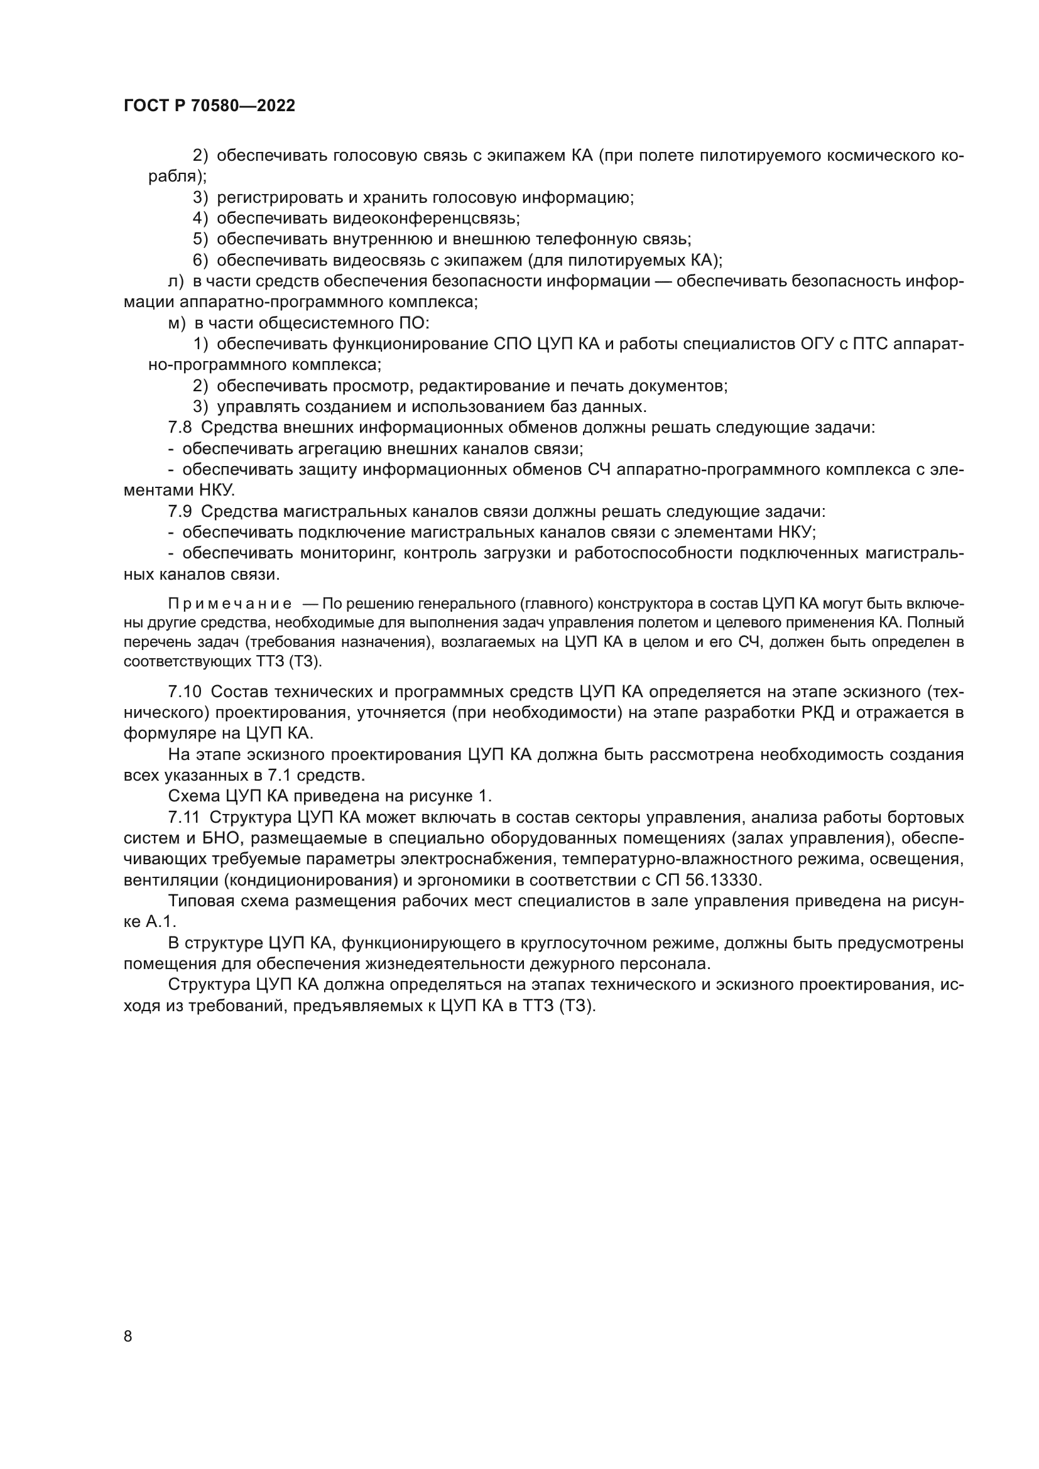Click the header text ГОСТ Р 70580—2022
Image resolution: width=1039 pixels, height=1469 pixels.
coord(209,106)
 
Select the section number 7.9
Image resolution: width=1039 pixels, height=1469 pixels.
coord(180,511)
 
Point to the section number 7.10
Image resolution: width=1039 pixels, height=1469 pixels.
coord(184,691)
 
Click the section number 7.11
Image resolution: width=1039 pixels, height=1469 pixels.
coord(184,817)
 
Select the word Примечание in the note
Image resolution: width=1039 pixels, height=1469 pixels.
coord(230,604)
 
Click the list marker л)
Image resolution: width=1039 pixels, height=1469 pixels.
coord(175,281)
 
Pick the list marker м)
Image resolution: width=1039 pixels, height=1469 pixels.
coord(176,323)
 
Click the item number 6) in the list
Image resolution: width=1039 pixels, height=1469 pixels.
coord(201,261)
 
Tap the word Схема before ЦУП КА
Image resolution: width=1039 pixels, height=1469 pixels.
coord(195,796)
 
